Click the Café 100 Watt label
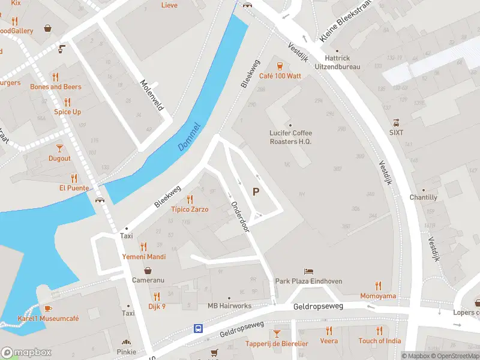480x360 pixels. tap(279, 76)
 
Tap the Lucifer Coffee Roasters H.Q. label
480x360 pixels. tap(290, 137)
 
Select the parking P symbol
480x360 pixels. tap(256, 192)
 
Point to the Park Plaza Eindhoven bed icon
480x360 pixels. tap(308, 272)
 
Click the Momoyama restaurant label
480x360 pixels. tap(378, 296)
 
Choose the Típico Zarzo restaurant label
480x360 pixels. tap(190, 209)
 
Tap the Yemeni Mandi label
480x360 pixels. tap(143, 256)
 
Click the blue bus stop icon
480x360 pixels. tap(198, 328)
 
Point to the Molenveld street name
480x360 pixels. tap(151, 94)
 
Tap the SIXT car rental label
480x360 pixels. tap(396, 132)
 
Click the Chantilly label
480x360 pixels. tap(423, 197)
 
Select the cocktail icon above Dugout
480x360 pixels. tap(59, 148)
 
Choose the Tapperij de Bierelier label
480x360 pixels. tap(277, 343)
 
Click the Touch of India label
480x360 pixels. tap(379, 341)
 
